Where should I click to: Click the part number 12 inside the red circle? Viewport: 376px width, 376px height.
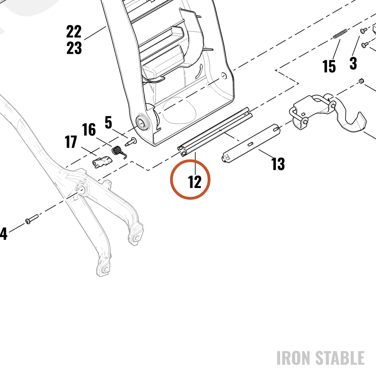tap(195, 182)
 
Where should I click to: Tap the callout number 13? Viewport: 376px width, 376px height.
tap(278, 164)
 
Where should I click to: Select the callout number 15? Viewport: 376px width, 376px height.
tap(329, 66)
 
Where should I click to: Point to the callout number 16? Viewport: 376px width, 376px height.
tap(89, 129)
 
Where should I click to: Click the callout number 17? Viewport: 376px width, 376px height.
tap(71, 142)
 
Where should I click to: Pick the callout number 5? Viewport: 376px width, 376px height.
tap(108, 122)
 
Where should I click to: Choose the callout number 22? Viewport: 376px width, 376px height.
tap(74, 32)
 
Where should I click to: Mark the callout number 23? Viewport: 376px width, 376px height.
tap(74, 48)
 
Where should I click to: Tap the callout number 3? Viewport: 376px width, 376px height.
tap(353, 63)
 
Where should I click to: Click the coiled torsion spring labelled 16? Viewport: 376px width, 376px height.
tap(119, 152)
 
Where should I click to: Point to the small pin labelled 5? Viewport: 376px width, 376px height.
tap(131, 142)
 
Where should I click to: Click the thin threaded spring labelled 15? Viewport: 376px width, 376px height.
tap(340, 33)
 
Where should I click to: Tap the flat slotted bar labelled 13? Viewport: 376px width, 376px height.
tap(250, 144)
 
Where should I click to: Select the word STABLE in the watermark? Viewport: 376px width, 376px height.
tap(340, 358)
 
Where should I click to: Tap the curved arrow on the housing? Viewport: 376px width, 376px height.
tap(199, 71)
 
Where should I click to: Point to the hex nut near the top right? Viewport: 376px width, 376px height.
tap(361, 80)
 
